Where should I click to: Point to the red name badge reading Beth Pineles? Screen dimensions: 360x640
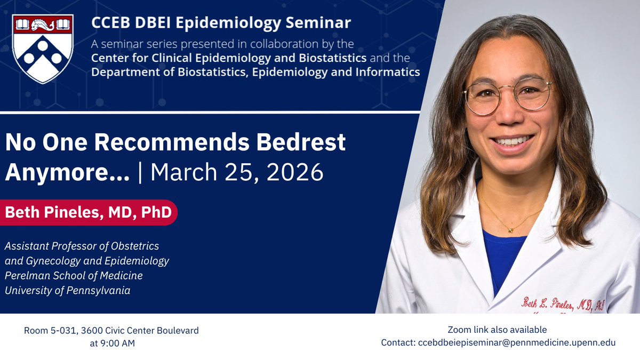pos(89,212)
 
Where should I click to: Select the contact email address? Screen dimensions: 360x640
pos(516,342)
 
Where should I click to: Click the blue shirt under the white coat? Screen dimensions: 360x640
pos(501,256)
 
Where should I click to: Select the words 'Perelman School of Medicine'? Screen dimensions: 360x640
pos(74,276)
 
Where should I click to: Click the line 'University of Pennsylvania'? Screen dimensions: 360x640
pos(67,291)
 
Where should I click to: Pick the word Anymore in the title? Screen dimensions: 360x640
pos(67,172)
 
